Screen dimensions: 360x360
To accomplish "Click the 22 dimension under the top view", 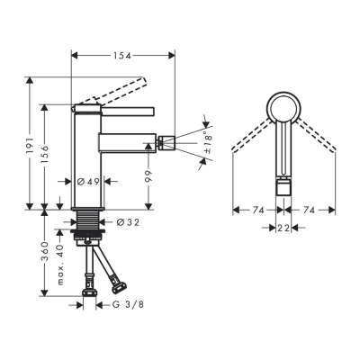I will click(283, 229).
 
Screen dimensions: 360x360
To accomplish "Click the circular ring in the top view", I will click(283, 111).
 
